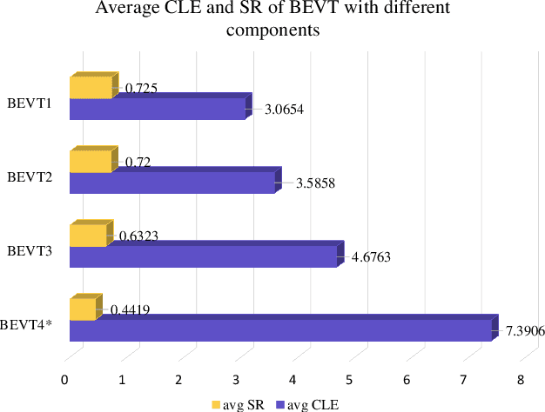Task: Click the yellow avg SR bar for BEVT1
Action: click(x=91, y=88)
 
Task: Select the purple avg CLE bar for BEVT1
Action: click(x=157, y=109)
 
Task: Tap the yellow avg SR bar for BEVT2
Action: click(x=91, y=162)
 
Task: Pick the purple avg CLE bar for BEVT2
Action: click(x=172, y=183)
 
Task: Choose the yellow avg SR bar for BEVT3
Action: click(x=87, y=236)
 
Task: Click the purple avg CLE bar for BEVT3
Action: click(x=202, y=256)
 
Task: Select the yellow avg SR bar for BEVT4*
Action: click(x=82, y=309)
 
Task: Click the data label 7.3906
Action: click(x=525, y=331)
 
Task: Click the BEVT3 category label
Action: click(x=30, y=251)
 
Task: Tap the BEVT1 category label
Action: click(x=30, y=103)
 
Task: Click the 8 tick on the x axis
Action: click(x=520, y=379)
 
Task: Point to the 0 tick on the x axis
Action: click(x=64, y=379)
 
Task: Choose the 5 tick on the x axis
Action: click(x=349, y=379)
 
